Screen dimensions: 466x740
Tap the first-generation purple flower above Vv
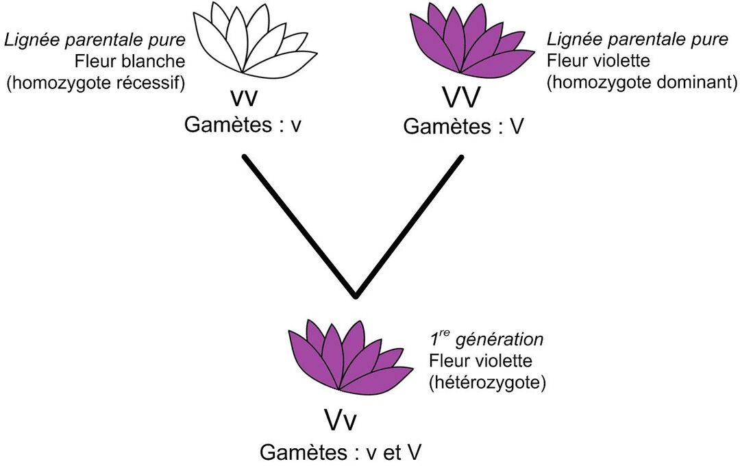pyautogui.click(x=346, y=356)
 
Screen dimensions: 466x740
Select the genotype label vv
pyautogui.click(x=245, y=97)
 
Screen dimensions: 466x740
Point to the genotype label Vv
pyautogui.click(x=340, y=420)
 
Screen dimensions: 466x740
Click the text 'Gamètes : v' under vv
pyautogui.click(x=244, y=126)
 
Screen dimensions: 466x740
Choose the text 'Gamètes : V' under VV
pyautogui.click(x=463, y=127)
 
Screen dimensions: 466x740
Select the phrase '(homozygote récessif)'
pyautogui.click(x=97, y=83)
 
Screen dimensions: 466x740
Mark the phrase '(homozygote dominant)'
pyautogui.click(x=642, y=83)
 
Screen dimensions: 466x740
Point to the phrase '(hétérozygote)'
pyautogui.click(x=487, y=382)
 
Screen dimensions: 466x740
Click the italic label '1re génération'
pyautogui.click(x=486, y=339)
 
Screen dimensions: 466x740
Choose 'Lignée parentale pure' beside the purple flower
pyautogui.click(x=637, y=39)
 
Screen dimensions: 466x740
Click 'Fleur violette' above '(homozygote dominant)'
pyautogui.click(x=598, y=61)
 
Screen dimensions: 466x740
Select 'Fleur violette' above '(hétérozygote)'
pyautogui.click(x=480, y=360)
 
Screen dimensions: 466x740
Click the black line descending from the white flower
pyautogui.click(x=299, y=227)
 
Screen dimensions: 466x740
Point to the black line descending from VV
pyautogui.click(x=409, y=227)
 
